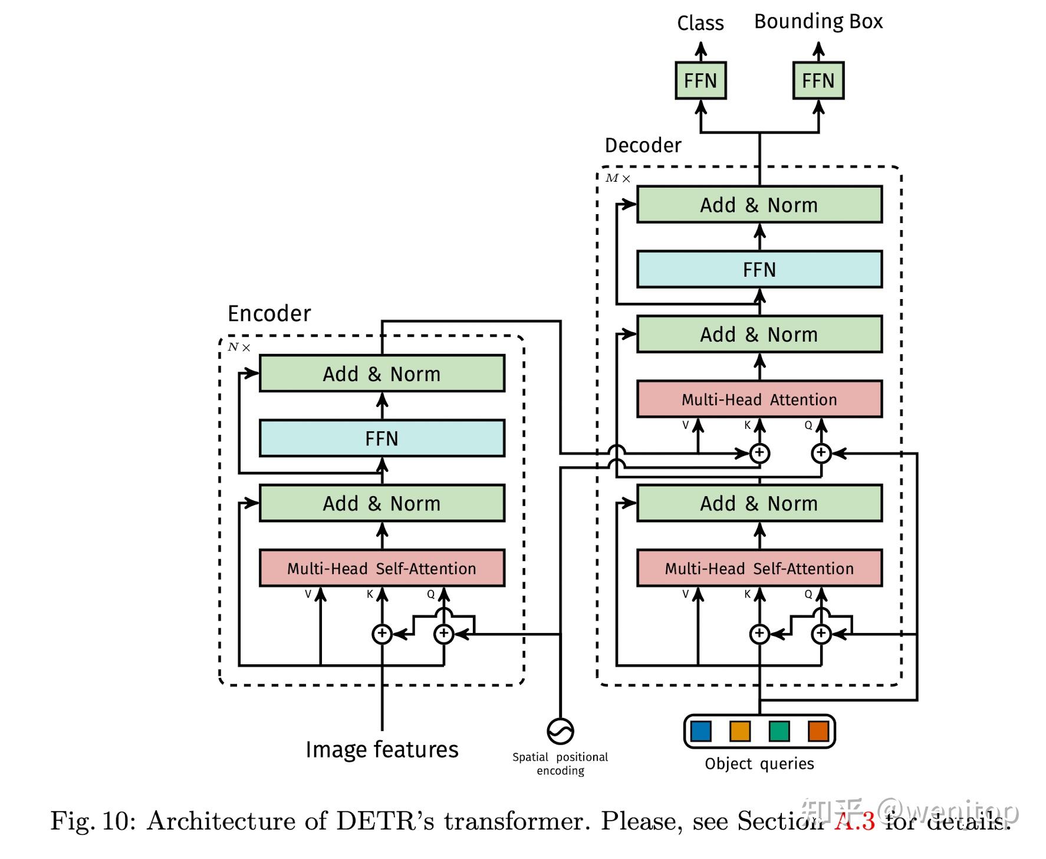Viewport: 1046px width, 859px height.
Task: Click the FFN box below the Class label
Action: (x=700, y=80)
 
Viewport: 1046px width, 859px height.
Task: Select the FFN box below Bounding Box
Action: (x=818, y=80)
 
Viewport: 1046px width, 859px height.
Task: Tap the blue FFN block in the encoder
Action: (x=381, y=438)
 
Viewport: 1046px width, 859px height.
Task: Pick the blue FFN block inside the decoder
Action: (x=759, y=270)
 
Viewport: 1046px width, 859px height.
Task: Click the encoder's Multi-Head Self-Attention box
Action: (x=381, y=568)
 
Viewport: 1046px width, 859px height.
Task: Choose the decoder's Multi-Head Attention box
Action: (x=759, y=399)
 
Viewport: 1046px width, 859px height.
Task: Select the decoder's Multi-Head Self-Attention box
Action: (x=759, y=568)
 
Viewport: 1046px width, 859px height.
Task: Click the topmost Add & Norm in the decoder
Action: (x=759, y=205)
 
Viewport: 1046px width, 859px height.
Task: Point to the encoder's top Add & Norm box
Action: (x=381, y=373)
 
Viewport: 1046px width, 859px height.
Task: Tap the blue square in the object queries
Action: (x=700, y=731)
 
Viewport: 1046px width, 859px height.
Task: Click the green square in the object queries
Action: (x=779, y=731)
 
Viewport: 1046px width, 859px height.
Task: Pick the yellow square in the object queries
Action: (x=739, y=731)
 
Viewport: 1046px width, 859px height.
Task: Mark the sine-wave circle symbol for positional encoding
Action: (x=560, y=731)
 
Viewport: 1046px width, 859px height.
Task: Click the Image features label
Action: (x=381, y=750)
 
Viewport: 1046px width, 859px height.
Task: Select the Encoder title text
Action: (x=269, y=313)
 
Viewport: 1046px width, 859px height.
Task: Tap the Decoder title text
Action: (x=643, y=145)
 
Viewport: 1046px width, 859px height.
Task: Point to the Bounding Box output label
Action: (x=818, y=22)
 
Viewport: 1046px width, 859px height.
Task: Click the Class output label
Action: (x=700, y=23)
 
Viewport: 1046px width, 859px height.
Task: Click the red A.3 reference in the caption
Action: (x=854, y=821)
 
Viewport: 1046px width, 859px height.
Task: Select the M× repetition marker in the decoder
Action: (x=617, y=178)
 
